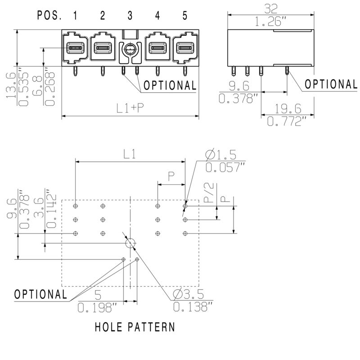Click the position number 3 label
pos(130,16)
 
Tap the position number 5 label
pos(184,16)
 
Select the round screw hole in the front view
pos(130,49)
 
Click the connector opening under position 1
pos(75,47)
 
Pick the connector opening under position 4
pos(157,47)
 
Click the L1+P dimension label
pos(130,108)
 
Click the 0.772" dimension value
pos(287,121)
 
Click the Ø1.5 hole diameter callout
pos(220,155)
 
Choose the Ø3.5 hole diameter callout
pos(188,295)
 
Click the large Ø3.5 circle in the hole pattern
pos(130,243)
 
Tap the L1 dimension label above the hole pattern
pos(130,154)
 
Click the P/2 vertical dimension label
pos(208,192)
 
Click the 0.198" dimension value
pos(97,308)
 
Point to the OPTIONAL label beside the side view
pos(331,84)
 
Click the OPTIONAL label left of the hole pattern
pos(40,294)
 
